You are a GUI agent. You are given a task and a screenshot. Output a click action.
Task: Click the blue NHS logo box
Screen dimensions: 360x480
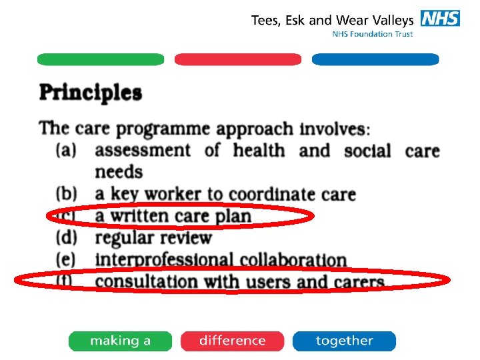(x=440, y=19)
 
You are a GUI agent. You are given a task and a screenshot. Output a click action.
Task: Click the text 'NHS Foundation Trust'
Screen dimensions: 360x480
(x=373, y=34)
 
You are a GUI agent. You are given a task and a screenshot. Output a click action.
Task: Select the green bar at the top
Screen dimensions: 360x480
(x=101, y=60)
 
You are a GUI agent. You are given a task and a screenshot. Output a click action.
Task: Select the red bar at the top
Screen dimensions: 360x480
(x=238, y=60)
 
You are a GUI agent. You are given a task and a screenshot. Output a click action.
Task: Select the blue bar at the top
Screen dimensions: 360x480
(x=375, y=60)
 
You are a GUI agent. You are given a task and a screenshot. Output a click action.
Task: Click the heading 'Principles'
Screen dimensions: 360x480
(x=91, y=92)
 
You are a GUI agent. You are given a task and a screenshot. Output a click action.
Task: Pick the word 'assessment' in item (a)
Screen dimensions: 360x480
(x=142, y=151)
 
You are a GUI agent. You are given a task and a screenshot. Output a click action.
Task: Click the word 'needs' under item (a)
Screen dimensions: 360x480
(x=119, y=172)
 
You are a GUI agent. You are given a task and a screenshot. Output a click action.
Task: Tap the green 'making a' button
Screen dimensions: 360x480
(x=120, y=341)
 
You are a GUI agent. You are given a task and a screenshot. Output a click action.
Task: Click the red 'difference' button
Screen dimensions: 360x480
(x=232, y=341)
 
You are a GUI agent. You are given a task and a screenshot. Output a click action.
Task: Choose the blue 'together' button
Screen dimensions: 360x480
(x=344, y=341)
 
